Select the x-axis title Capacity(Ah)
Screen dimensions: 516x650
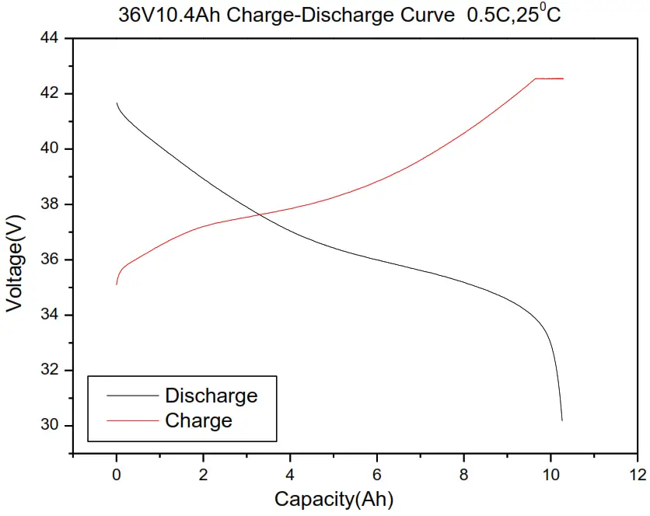(334, 499)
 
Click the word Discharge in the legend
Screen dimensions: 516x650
(211, 396)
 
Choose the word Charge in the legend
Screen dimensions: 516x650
(198, 421)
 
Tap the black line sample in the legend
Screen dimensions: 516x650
(131, 396)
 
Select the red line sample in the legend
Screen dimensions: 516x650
(131, 421)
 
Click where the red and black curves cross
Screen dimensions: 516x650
(259, 214)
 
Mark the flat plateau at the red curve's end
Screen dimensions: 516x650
(549, 78)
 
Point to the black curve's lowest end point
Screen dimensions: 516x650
(562, 420)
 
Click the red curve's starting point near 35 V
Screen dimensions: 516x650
(117, 284)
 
